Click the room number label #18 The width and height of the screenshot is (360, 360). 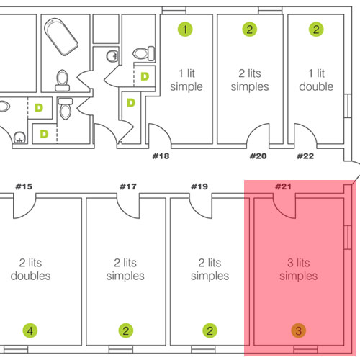pos(161,156)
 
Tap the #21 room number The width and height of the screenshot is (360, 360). pos(283,186)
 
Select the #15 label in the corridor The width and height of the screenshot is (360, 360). pos(24,186)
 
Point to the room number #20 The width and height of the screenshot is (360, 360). pos(258,156)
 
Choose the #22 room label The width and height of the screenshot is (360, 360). pos(305,156)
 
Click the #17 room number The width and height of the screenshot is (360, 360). pos(128,186)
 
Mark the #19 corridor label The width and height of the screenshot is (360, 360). pos(199,186)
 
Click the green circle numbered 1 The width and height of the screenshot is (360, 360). pos(185,30)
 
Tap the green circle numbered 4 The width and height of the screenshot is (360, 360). pos(30,330)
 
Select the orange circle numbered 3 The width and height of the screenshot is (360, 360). pos(299,330)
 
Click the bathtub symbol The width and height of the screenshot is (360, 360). pos(61,37)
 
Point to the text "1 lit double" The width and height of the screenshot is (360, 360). pos(316,80)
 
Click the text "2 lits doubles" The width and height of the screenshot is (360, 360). pos(30,269)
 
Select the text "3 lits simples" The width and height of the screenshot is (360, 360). pos(299,269)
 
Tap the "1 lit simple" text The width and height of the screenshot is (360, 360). pos(186,80)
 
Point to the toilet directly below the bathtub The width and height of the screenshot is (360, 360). pos(62,81)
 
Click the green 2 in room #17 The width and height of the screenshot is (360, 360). pos(126,330)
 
